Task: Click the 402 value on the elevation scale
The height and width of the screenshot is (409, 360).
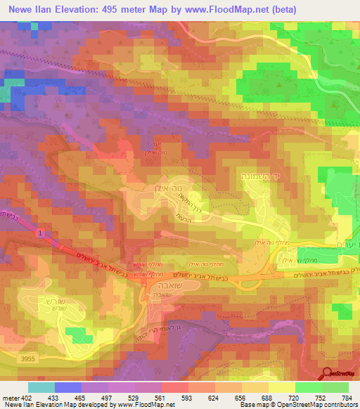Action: point(25,397)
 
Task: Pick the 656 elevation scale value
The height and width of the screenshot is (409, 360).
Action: point(242,397)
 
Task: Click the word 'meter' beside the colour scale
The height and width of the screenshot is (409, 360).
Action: point(9,397)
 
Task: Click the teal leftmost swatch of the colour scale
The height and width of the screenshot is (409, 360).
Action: point(41,387)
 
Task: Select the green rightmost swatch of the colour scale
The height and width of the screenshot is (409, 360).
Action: point(335,387)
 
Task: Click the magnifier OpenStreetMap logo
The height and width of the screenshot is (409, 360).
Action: point(328,373)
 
